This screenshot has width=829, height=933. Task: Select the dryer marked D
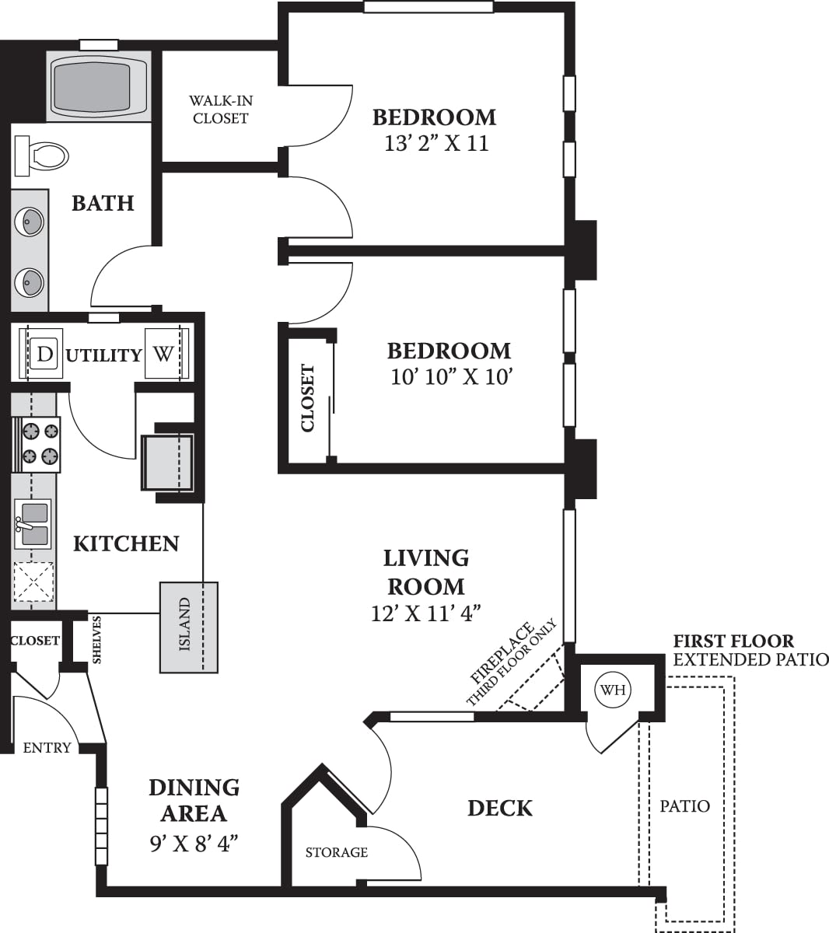click(45, 355)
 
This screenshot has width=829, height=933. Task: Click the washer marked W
click(163, 355)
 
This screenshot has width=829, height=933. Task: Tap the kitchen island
click(188, 627)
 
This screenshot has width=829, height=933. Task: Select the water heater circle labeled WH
click(614, 690)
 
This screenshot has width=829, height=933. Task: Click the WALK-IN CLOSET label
click(221, 110)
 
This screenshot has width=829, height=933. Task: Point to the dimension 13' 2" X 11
click(436, 144)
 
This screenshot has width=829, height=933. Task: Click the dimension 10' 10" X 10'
click(451, 377)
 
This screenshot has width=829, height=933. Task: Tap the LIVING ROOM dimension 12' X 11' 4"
click(426, 613)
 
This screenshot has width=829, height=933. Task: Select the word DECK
click(500, 809)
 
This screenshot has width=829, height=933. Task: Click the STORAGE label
click(336, 853)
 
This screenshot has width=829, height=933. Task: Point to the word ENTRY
click(47, 748)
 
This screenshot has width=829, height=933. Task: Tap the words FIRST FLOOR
click(733, 641)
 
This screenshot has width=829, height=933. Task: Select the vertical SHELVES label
click(97, 640)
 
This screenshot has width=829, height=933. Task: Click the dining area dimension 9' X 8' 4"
click(194, 843)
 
